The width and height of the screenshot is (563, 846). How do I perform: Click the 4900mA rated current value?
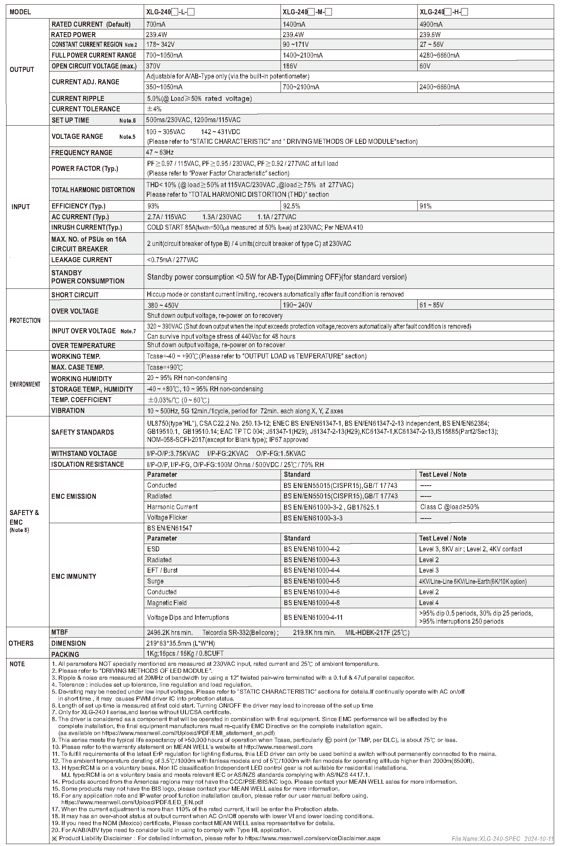coord(431,24)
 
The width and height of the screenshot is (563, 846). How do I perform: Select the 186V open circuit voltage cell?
coord(290,66)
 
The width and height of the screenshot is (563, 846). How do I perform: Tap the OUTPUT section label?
coord(22,70)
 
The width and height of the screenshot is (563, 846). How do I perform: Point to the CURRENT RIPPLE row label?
coord(78,99)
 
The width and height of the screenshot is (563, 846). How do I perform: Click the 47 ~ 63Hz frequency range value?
coord(160,152)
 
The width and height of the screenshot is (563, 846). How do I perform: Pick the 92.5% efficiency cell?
coord(291,206)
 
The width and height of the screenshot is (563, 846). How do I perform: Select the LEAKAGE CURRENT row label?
coord(82,260)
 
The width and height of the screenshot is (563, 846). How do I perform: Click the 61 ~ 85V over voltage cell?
coord(431,305)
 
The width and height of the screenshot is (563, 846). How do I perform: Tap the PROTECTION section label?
coord(25,320)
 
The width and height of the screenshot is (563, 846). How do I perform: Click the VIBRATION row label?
coord(68,411)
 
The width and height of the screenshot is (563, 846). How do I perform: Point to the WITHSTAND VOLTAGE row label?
coord(84,454)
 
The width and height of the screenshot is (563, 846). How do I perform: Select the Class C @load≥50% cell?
coord(449,507)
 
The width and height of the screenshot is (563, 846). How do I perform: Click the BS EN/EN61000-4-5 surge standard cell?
coord(312,581)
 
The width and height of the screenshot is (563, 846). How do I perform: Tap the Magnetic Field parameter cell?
coord(167,603)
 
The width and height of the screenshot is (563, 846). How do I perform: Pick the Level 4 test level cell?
coord(429,603)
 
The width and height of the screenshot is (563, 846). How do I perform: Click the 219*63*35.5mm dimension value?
coord(181,643)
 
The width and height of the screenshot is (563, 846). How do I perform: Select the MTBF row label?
coord(60,632)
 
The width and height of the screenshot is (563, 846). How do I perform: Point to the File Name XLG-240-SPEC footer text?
coord(502,839)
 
